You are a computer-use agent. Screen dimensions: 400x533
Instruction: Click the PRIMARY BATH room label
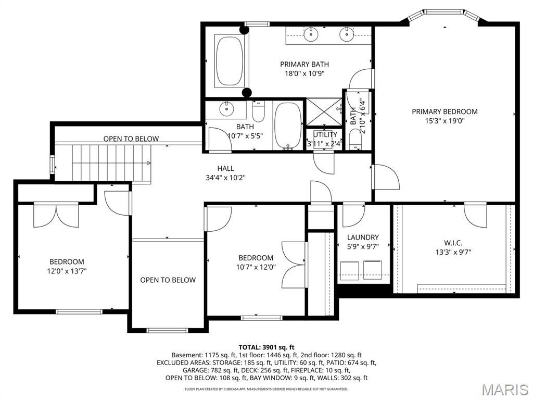tap(304, 64)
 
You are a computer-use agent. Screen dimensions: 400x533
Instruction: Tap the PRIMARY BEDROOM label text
tap(445, 111)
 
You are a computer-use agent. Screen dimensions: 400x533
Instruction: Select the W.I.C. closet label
tap(453, 243)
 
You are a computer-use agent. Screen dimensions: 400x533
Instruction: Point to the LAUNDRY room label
tap(363, 238)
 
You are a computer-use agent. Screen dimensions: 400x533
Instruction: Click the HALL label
tap(225, 168)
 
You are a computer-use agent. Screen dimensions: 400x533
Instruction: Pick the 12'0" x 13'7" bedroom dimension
tap(67, 271)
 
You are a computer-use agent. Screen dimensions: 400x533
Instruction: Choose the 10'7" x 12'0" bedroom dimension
tap(256, 267)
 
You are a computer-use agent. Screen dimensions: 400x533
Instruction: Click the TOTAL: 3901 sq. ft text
tap(266, 347)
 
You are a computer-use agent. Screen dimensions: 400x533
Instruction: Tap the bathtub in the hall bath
tap(287, 125)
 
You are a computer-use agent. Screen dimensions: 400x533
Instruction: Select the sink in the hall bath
tap(226, 109)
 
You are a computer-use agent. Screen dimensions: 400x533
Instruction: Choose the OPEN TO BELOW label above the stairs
tap(131, 139)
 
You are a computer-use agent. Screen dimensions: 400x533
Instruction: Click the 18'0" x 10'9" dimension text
tap(304, 73)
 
